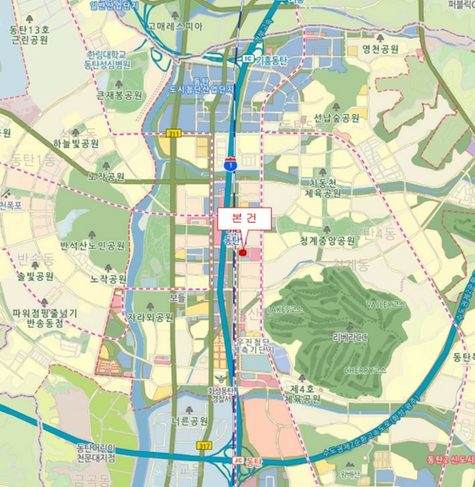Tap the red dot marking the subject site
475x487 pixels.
[242, 253]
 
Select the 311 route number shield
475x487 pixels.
[173, 132]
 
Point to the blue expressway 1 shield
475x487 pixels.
[231, 164]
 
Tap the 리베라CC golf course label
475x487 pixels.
[350, 337]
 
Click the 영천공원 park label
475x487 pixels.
[380, 49]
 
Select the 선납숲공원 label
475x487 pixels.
[336, 118]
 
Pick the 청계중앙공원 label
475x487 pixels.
[327, 241]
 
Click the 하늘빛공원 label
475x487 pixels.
[76, 143]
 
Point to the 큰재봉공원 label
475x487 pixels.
[119, 95]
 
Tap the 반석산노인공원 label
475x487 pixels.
[93, 246]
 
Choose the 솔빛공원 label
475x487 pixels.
[36, 276]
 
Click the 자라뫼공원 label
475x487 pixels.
[150, 317]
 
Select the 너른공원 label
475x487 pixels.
[189, 421]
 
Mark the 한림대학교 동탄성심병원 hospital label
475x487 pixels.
[107, 59]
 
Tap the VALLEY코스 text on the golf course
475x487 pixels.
[386, 305]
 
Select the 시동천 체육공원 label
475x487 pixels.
[325, 188]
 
